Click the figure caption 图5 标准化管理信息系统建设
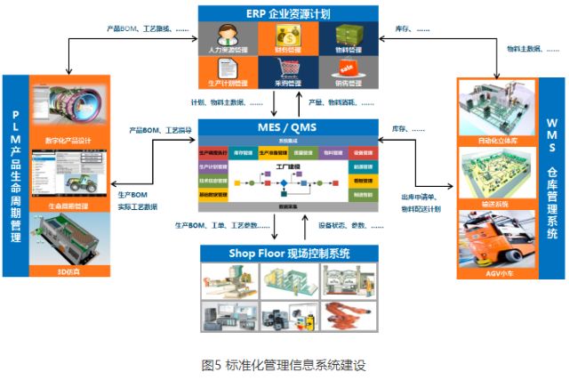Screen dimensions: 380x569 (x=284, y=365)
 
